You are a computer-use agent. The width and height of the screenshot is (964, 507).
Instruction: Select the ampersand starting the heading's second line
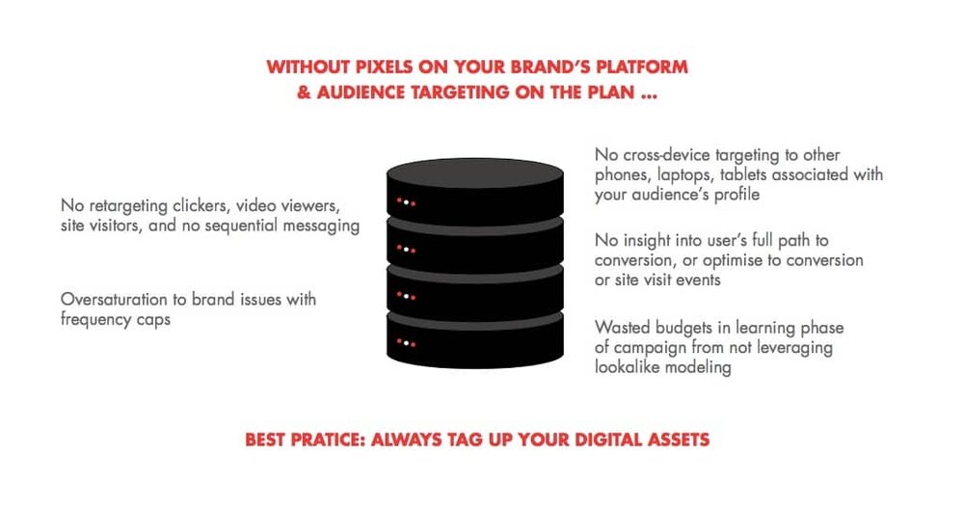point(304,93)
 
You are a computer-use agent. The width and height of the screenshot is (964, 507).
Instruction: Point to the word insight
point(648,241)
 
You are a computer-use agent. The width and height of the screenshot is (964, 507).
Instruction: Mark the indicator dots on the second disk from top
point(406,250)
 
